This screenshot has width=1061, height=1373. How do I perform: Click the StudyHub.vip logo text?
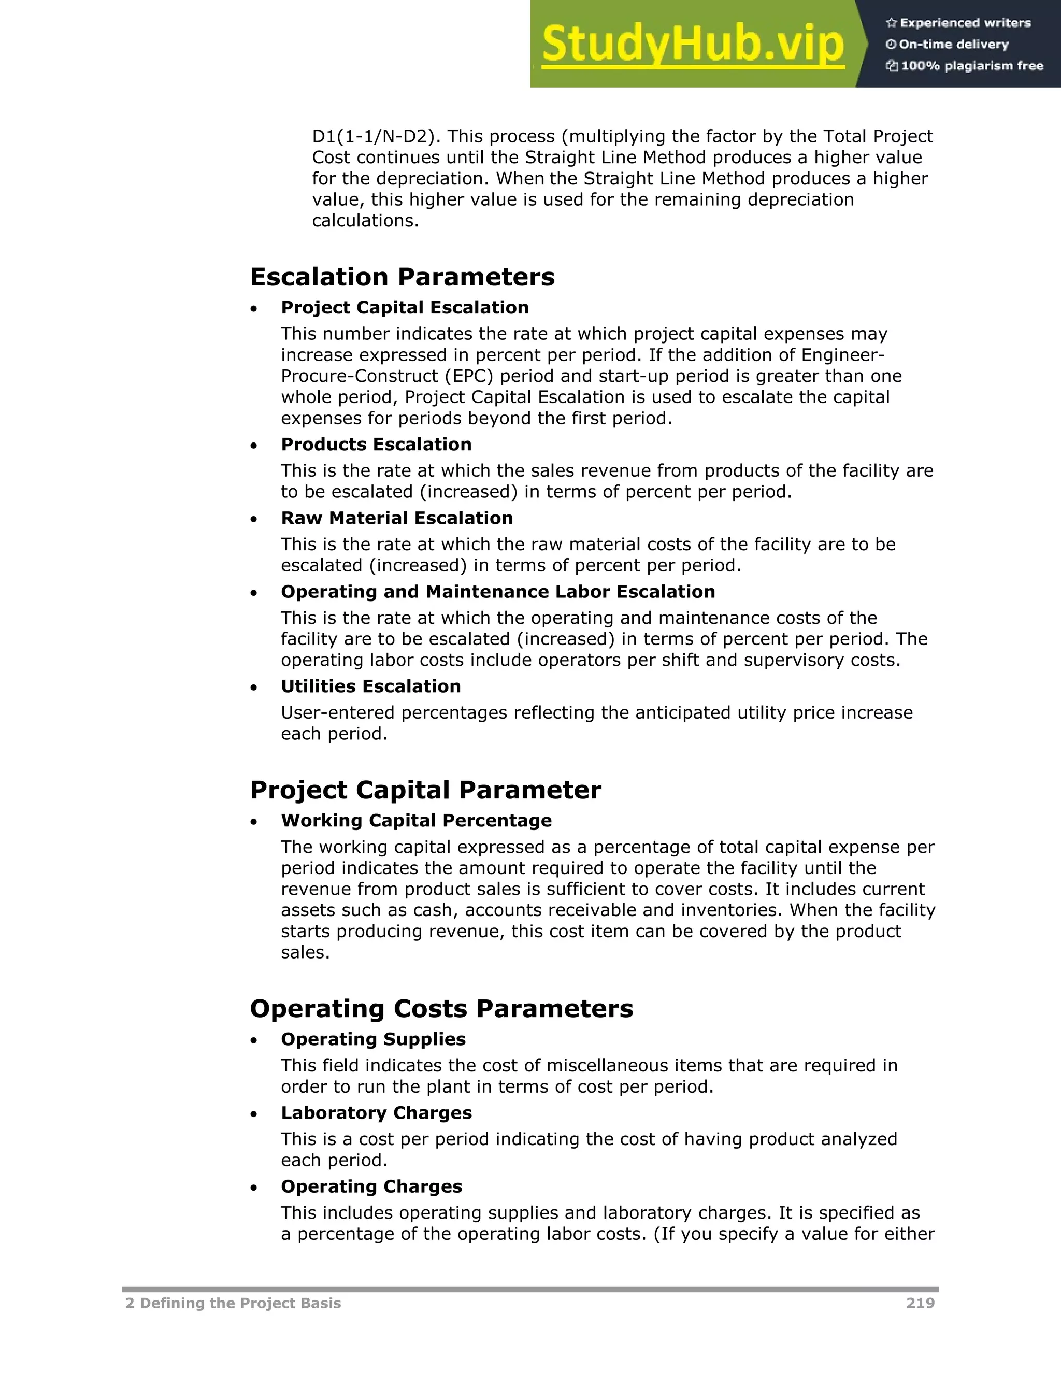(692, 44)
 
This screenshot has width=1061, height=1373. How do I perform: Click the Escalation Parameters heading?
(402, 277)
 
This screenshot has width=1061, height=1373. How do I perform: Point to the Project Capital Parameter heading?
(425, 790)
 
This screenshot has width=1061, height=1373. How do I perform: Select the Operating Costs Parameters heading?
(441, 1008)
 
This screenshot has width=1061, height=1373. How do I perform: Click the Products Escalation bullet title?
(376, 444)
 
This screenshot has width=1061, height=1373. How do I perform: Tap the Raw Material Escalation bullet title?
(397, 518)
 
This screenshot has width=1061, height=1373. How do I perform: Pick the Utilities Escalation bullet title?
(371, 686)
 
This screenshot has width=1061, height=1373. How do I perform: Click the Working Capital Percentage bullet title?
(416, 820)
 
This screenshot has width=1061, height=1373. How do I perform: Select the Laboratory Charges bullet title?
(376, 1113)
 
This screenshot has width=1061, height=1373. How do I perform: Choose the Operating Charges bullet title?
(371, 1186)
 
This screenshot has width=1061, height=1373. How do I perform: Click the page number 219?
(920, 1303)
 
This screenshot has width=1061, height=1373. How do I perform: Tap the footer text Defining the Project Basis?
(239, 1303)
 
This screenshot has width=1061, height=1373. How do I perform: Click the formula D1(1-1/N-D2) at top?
(375, 136)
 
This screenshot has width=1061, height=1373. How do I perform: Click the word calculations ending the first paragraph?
(365, 221)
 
